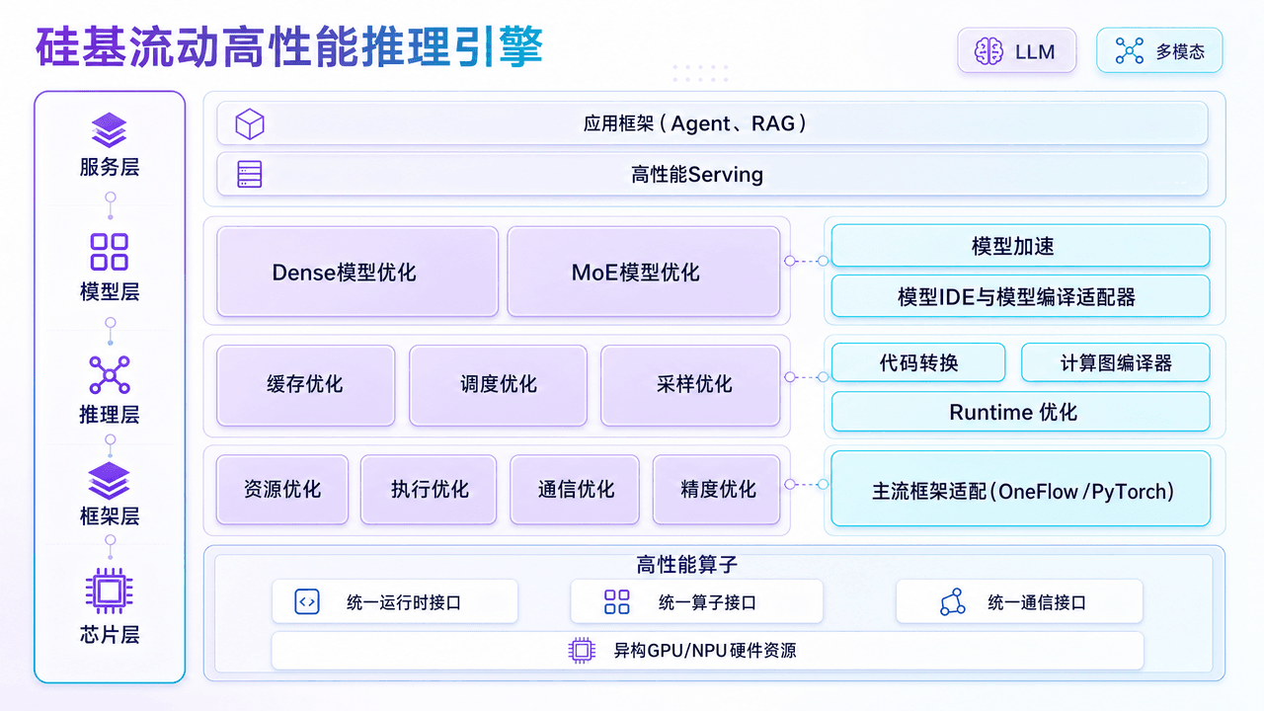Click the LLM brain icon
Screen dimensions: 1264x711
click(988, 51)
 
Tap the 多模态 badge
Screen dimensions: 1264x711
click(1159, 50)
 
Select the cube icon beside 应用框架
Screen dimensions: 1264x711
click(250, 124)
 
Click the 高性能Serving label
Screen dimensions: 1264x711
click(697, 175)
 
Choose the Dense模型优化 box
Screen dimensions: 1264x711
click(357, 272)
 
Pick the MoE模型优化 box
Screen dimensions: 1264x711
click(644, 272)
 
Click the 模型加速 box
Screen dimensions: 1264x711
click(1020, 246)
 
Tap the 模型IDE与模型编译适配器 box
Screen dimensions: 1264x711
click(1020, 296)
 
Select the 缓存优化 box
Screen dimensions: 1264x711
click(305, 385)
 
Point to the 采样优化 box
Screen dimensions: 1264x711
click(690, 385)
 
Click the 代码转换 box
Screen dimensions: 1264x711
click(918, 362)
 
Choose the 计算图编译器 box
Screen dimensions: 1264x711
click(1116, 362)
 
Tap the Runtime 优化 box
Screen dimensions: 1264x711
click(1020, 412)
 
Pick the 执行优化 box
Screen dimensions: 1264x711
click(429, 489)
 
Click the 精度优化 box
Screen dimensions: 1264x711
click(717, 489)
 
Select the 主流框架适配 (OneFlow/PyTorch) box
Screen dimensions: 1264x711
click(1020, 489)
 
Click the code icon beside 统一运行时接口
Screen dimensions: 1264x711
click(307, 602)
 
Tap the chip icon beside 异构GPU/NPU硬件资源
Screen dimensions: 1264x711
click(582, 651)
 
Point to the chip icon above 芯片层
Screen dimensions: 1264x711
click(110, 591)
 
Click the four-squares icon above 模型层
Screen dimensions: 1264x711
click(110, 252)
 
